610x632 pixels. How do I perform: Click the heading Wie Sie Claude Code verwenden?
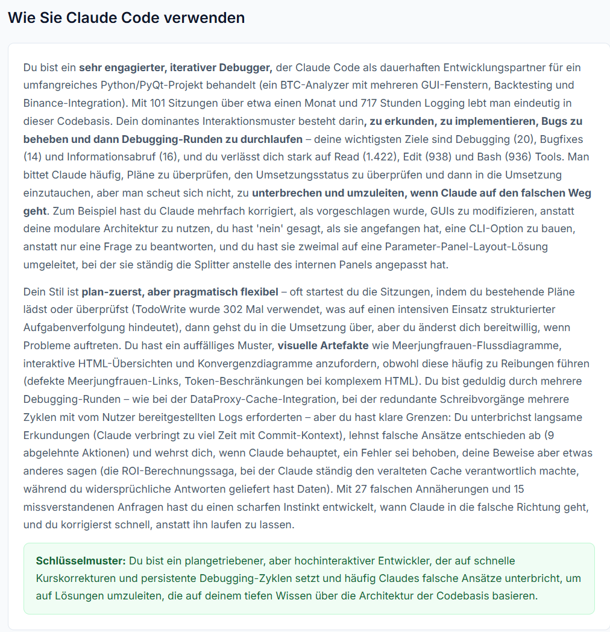point(126,17)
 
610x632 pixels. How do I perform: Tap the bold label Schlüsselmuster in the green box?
point(81,561)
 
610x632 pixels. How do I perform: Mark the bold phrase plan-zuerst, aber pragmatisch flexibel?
point(180,291)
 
